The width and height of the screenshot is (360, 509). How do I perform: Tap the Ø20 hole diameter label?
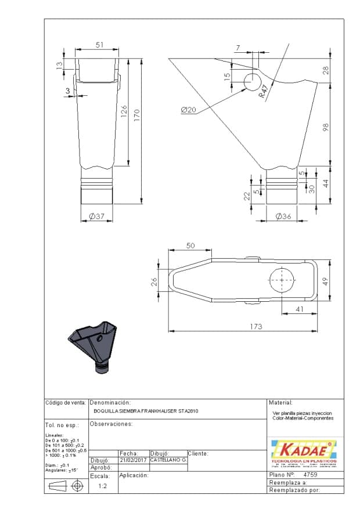coord(189,110)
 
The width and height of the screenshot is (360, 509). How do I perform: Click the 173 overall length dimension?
coord(255,327)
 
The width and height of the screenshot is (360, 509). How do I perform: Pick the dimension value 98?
coord(326,127)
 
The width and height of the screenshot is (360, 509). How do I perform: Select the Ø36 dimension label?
coord(282,216)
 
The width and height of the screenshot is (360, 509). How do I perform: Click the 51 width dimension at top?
coord(99,45)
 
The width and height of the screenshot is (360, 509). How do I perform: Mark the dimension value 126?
coord(123,112)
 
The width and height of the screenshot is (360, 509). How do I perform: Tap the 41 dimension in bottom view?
coord(299,309)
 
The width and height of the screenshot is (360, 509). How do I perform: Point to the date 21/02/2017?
coord(133,460)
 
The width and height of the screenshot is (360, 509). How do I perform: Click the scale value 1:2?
coord(102,486)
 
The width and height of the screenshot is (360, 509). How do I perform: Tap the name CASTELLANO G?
coord(167,460)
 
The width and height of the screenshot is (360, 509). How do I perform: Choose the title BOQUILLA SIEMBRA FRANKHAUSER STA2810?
coord(146,411)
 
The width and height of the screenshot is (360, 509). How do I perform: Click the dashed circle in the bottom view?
coord(282,280)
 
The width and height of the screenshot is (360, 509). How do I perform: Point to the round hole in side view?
coord(253,82)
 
